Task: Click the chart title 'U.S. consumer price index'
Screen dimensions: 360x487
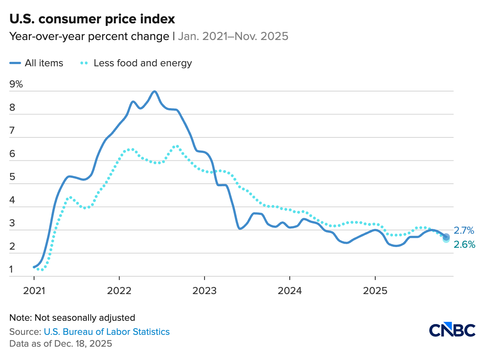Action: (x=92, y=19)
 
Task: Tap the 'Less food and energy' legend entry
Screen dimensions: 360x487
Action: (x=136, y=63)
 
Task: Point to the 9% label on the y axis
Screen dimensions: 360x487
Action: (x=16, y=84)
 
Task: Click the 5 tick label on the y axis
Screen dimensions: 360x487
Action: (x=12, y=177)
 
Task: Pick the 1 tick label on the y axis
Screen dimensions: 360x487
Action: (x=11, y=270)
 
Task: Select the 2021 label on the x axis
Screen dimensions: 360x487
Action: (x=34, y=291)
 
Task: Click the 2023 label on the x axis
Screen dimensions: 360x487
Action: (x=204, y=291)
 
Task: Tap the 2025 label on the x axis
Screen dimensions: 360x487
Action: (x=375, y=291)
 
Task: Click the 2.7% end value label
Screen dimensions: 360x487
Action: (x=464, y=230)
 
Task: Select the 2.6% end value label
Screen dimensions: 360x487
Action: (x=464, y=244)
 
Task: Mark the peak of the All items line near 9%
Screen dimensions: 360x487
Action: (x=154, y=91)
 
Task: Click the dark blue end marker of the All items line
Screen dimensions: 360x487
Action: (x=446, y=236)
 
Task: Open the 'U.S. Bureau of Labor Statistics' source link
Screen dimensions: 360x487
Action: (x=107, y=332)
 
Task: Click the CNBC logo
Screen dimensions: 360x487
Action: (x=452, y=330)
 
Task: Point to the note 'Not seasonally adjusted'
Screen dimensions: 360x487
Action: (x=72, y=318)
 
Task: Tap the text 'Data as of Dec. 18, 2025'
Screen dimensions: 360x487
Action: (x=61, y=344)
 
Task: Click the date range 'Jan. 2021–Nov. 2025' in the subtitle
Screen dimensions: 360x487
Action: (x=233, y=36)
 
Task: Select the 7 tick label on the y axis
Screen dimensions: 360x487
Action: (x=12, y=131)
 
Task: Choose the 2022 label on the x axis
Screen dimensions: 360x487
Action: (x=119, y=291)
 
